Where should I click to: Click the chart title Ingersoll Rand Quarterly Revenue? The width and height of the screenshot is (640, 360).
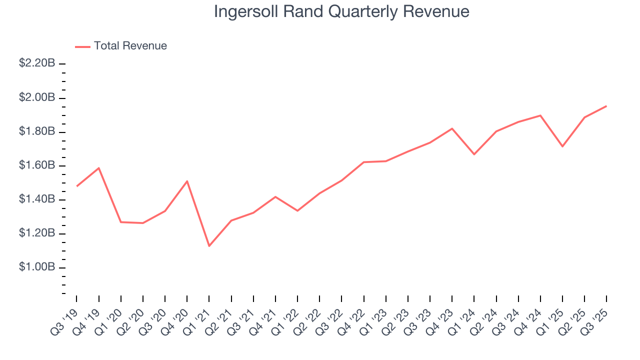point(341,11)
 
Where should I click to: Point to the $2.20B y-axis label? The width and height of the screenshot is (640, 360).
point(37,63)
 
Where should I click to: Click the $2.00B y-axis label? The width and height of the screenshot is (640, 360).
point(37,97)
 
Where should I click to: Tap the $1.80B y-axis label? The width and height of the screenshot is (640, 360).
point(37,131)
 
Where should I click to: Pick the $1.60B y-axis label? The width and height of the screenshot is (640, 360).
point(37,165)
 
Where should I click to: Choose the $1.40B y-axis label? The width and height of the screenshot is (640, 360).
point(37,199)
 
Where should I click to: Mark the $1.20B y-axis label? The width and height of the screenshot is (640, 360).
point(37,233)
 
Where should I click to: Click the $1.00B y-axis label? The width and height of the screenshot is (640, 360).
point(37,267)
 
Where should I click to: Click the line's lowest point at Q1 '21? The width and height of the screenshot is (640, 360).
point(209,246)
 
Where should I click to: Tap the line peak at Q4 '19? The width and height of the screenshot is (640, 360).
point(99,168)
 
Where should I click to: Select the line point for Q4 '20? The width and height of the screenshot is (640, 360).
point(187,181)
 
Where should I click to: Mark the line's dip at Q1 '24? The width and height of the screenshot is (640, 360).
point(474,154)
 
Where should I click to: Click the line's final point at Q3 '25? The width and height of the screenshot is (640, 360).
point(606,106)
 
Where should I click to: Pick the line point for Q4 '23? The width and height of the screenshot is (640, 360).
point(452,128)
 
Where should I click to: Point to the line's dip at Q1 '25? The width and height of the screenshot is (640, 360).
point(562,146)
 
